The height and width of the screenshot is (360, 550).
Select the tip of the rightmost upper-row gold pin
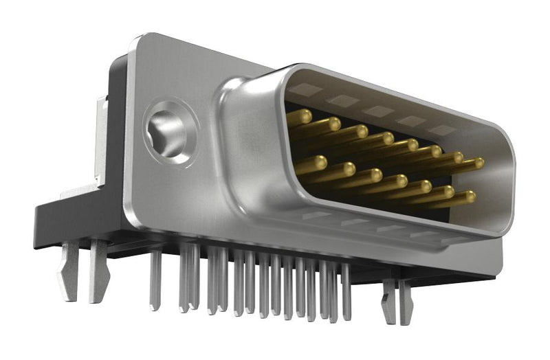[x=478, y=163]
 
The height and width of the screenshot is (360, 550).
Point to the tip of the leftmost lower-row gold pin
[x=319, y=162]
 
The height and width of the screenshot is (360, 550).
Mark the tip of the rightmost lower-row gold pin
[x=469, y=197]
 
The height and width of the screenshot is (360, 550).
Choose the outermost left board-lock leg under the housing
[x=69, y=271]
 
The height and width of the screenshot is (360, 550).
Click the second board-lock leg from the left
[x=99, y=271]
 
